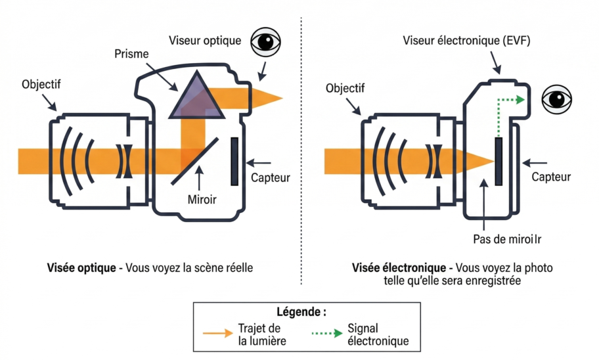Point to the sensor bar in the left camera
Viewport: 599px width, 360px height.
click(234, 160)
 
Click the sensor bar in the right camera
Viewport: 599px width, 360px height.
click(499, 161)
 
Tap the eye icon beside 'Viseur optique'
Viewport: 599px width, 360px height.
click(266, 42)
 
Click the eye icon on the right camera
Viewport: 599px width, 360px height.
click(556, 100)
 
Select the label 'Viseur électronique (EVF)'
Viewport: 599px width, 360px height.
click(466, 41)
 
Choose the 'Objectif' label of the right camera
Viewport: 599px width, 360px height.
click(345, 88)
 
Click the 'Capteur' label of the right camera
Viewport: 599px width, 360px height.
click(550, 177)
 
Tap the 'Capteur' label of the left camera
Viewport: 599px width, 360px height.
click(270, 177)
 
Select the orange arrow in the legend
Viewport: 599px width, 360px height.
click(217, 333)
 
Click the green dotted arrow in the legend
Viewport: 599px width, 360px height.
click(326, 333)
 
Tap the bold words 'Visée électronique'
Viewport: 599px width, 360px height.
click(398, 268)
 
